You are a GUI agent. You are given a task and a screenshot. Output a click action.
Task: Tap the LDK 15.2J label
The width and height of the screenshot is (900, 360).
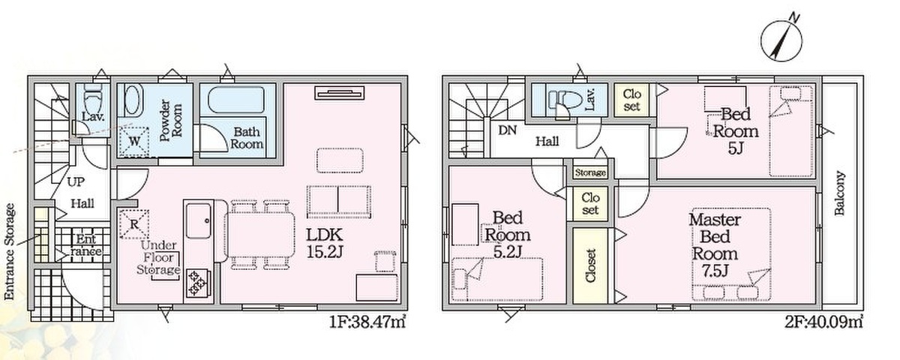(325, 243)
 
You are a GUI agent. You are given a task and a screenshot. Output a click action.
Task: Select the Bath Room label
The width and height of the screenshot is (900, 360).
(247, 138)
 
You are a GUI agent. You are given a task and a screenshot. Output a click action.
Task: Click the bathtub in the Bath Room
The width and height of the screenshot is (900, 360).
(236, 100)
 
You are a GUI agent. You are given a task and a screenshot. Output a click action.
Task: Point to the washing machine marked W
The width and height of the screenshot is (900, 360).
(134, 142)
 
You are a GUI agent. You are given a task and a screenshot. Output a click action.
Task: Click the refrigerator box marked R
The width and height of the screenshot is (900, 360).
(134, 224)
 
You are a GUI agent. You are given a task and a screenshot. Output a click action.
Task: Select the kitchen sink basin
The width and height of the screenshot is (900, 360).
(199, 221)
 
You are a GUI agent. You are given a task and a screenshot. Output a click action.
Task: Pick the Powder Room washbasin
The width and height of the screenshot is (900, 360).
(133, 100)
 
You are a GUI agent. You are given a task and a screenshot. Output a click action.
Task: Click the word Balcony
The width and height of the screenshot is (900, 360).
(840, 193)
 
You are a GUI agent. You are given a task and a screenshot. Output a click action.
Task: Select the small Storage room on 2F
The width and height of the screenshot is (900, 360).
(589, 172)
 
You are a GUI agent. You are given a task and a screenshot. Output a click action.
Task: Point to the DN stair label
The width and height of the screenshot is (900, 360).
(507, 130)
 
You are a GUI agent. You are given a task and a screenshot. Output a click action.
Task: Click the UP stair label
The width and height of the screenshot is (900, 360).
(76, 182)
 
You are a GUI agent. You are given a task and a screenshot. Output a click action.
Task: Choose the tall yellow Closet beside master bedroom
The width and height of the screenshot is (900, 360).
(589, 265)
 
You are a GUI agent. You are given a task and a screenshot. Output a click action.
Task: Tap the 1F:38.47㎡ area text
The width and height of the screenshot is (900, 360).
(367, 322)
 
